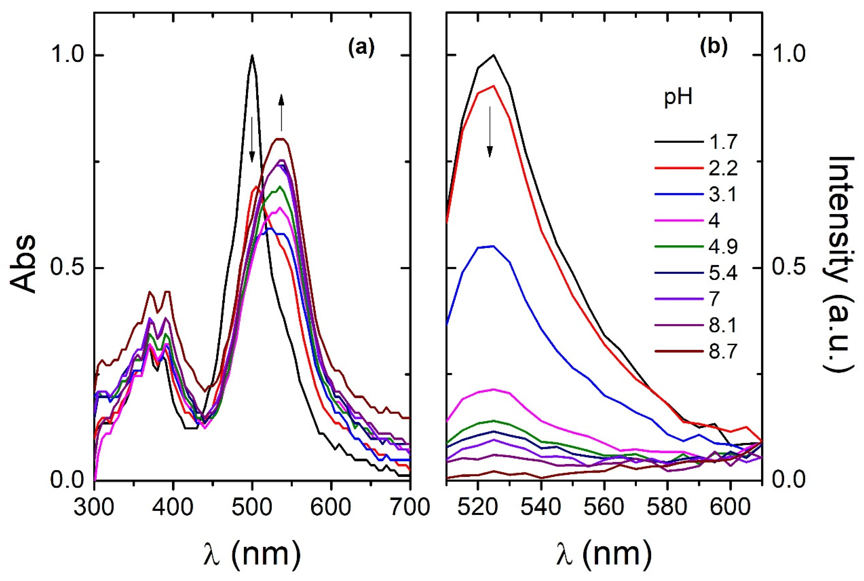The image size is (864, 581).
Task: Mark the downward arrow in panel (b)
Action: [490, 132]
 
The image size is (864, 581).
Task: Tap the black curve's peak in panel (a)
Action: [252, 55]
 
